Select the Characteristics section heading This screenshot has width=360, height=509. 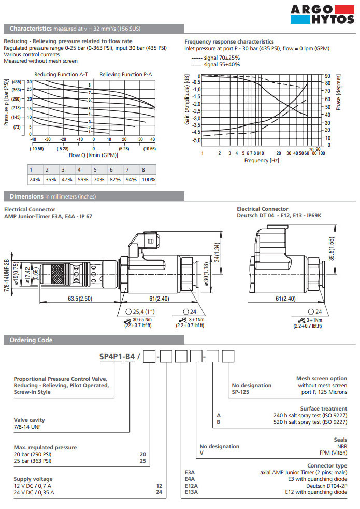click(x=31, y=29)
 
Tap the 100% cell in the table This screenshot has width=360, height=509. click(x=149, y=179)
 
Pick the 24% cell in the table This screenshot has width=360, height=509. click(x=35, y=179)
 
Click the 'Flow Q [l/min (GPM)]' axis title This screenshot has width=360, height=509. click(x=93, y=155)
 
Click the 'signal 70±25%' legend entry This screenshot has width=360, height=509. click(x=222, y=58)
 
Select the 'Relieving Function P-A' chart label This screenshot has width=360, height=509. click(x=126, y=75)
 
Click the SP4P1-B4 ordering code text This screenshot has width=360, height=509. click(x=117, y=356)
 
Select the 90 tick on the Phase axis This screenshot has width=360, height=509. click(x=327, y=76)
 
